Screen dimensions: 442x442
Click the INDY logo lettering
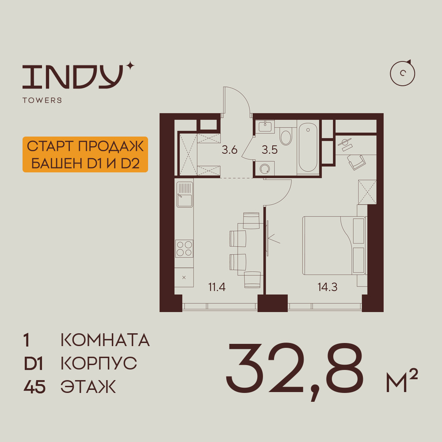pos(73,76)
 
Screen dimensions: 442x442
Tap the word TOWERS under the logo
pos(42,100)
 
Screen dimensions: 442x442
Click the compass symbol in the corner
pos(403,73)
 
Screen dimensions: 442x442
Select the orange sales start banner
pos(85,154)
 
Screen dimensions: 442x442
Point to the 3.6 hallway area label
pos(229,150)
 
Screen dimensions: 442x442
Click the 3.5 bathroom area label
pos(270,150)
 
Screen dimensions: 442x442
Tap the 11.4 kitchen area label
pos(217,287)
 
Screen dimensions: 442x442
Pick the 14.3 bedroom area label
pos(328,287)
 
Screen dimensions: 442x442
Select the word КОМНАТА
pos(105,340)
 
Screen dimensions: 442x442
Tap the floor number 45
pos(34,387)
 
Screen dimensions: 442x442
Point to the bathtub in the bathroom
pos(308,147)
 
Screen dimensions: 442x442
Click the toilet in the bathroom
pos(286,137)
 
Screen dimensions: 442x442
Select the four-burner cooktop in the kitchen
pos(184,248)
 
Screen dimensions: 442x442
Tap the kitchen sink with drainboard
pos(185,194)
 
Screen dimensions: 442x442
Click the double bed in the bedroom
pos(334,245)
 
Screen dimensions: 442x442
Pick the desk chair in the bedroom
pos(356,162)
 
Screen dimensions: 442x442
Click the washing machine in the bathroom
pos(265,168)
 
